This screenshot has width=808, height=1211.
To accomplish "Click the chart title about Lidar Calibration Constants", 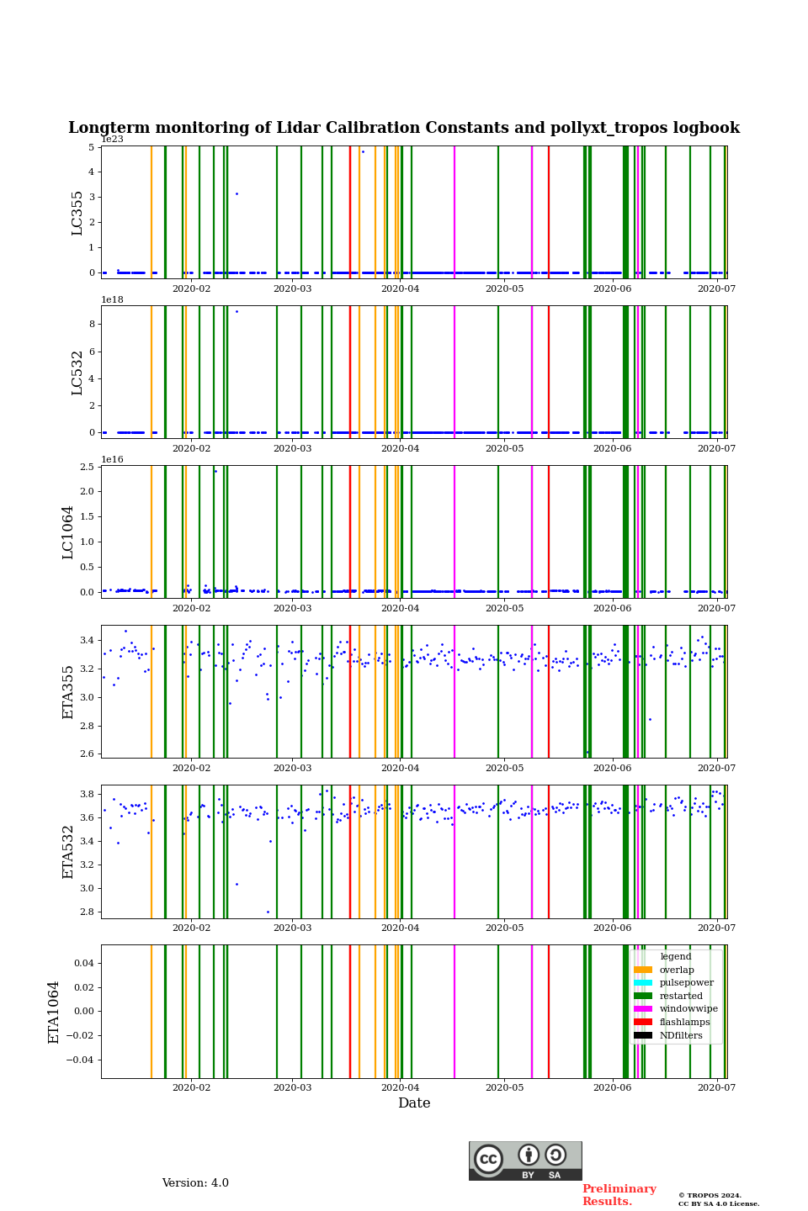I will tap(404, 129).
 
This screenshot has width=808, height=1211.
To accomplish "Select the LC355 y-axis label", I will tap(77, 213).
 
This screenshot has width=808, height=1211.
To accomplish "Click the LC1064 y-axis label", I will tap(68, 531).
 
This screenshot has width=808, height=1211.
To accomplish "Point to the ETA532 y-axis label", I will tap(68, 851).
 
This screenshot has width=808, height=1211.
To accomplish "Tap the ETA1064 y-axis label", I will tap(54, 1012).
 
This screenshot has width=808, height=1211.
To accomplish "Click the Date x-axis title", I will tap(414, 1103).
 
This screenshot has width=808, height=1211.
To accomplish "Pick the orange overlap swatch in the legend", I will tap(643, 970).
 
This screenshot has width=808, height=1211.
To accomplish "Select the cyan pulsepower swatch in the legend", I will tap(643, 983).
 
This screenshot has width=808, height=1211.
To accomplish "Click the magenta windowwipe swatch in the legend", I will tap(643, 1009).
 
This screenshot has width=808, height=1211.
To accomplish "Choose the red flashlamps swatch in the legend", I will tap(643, 1023).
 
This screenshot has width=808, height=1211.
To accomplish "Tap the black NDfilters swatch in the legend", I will tap(643, 1035).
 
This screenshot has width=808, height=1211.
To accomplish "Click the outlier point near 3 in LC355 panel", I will tap(237, 193).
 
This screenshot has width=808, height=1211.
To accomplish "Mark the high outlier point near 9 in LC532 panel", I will tap(237, 311).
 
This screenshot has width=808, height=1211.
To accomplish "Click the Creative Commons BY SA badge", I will tap(525, 1161).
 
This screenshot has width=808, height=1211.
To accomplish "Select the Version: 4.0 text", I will tap(195, 1183).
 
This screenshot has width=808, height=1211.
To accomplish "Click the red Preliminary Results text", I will tap(619, 1195).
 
